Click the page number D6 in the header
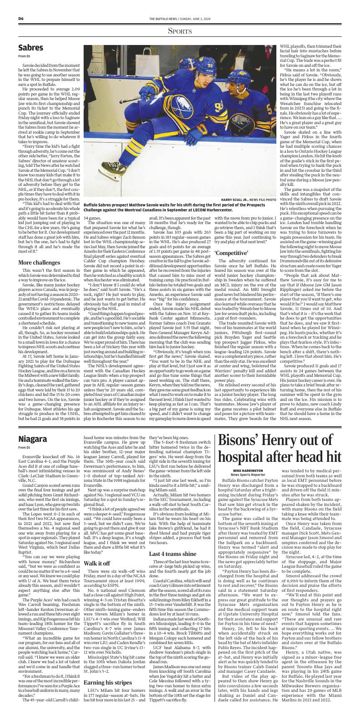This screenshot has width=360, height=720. tap(21, 18)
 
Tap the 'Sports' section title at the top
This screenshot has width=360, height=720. tap(180, 31)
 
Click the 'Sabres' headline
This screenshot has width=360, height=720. tap(31, 48)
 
